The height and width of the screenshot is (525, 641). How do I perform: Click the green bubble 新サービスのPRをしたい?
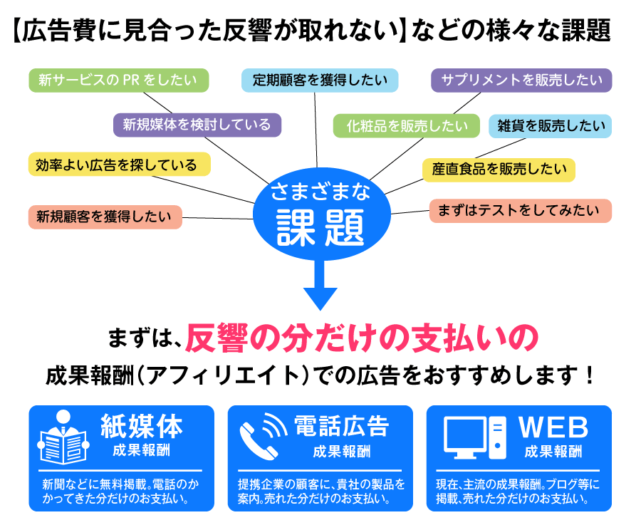[x=118, y=80]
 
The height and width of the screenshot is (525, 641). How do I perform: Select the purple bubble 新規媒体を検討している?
[x=197, y=125]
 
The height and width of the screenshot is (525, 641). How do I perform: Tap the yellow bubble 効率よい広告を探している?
[x=119, y=165]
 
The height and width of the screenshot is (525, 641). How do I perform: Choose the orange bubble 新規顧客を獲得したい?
[x=105, y=217]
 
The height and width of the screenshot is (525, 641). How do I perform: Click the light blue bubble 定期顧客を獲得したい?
[x=319, y=80]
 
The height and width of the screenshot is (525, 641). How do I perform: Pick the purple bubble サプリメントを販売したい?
[x=521, y=80]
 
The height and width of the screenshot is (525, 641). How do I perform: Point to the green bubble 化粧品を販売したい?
[x=407, y=126]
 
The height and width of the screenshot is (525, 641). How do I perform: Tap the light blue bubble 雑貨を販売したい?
[x=549, y=126]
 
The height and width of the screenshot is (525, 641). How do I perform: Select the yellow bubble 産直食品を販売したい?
[x=499, y=169]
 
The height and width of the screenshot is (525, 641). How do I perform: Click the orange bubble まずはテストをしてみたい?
[x=521, y=211]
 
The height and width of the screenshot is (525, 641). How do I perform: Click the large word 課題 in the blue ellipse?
[x=320, y=227]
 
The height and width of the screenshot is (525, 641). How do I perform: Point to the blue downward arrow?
[x=320, y=285]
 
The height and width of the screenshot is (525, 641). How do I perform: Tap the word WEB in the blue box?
[x=553, y=427]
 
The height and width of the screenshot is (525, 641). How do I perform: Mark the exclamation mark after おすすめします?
[x=588, y=375]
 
